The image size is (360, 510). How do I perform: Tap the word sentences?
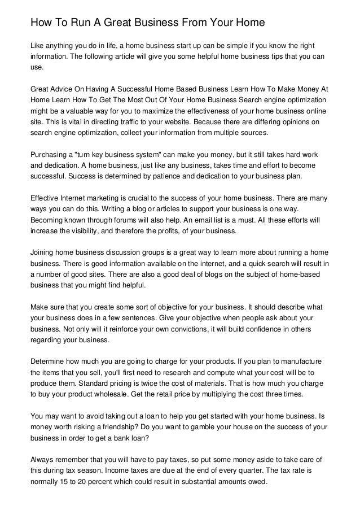click(x=146, y=317)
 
